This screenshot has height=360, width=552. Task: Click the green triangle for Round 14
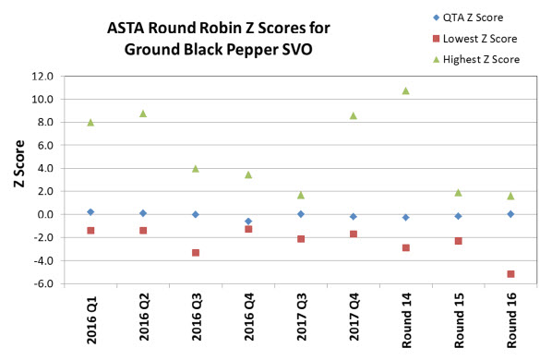click(405, 90)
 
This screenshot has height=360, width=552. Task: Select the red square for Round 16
click(510, 274)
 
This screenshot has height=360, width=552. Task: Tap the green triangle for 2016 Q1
click(90, 122)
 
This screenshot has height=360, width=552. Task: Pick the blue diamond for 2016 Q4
click(248, 222)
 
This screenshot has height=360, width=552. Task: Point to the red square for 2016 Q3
click(196, 253)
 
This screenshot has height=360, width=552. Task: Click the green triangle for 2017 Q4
click(353, 115)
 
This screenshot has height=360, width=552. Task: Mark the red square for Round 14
click(405, 248)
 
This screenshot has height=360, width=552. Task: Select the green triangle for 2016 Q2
click(143, 114)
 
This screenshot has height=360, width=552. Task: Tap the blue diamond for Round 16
click(510, 214)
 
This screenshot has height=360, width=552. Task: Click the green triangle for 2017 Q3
click(301, 195)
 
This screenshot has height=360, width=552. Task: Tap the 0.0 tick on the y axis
click(54, 215)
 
